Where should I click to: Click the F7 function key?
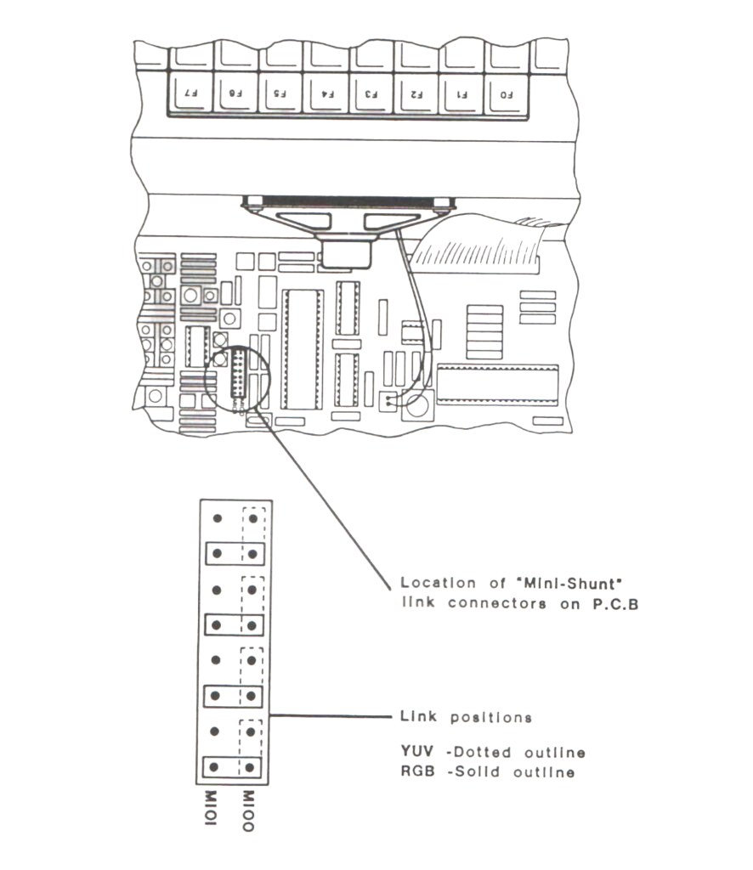pyautogui.click(x=192, y=93)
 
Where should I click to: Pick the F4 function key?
pyautogui.click(x=327, y=93)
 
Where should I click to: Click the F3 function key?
pyautogui.click(x=372, y=93)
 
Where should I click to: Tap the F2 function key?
pyautogui.click(x=417, y=93)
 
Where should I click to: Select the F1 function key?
pyautogui.click(x=462, y=93)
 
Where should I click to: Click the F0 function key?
pyautogui.click(x=507, y=93)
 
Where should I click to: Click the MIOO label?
pyautogui.click(x=248, y=811)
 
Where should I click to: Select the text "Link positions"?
pyautogui.click(x=466, y=717)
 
